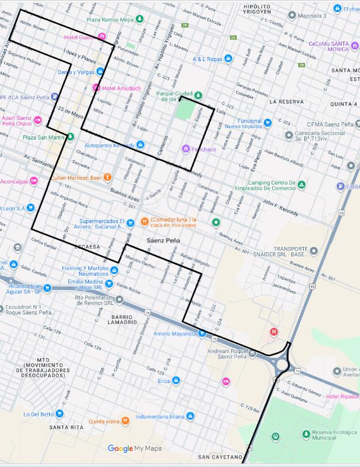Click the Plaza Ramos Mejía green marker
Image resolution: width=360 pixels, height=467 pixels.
(x=139, y=20)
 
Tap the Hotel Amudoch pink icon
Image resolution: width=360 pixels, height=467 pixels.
(x=96, y=88)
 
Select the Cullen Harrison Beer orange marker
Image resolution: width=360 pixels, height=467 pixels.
(x=107, y=177)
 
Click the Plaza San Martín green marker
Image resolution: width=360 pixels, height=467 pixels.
(x=70, y=137)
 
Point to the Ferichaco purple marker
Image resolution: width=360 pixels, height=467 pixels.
(x=186, y=148)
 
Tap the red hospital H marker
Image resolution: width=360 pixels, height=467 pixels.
(x=273, y=331)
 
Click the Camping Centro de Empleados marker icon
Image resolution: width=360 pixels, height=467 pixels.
(x=301, y=185)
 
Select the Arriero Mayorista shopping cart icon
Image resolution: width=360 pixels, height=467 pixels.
(x=202, y=333)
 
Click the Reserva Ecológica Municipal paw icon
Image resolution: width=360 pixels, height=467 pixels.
(x=276, y=437)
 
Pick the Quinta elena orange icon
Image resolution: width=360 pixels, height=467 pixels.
(x=126, y=421)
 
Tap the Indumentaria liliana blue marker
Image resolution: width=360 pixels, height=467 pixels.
(x=190, y=417)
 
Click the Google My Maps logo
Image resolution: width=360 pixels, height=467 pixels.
(x=135, y=449)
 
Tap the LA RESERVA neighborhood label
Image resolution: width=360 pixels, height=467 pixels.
(x=286, y=101)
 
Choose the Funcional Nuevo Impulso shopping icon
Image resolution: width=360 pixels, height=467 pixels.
(x=267, y=123)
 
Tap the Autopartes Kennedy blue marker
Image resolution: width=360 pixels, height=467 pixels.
(x=140, y=145)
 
